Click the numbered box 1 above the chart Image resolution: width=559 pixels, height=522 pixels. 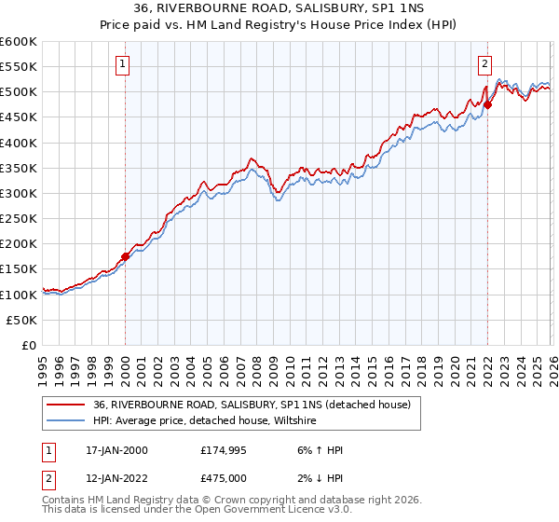pos(124,64)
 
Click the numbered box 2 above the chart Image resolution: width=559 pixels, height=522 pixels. pos(485,64)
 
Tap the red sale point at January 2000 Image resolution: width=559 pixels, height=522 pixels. pos(125,256)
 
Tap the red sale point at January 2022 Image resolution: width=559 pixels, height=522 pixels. pos(487,104)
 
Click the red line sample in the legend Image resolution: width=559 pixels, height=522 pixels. pos(65,405)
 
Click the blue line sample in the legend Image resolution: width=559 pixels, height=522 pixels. pos(65,420)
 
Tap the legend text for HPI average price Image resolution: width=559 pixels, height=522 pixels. pos(205,420)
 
